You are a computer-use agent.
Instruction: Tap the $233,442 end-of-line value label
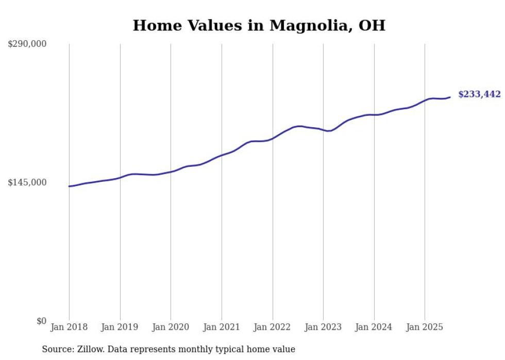click(x=479, y=94)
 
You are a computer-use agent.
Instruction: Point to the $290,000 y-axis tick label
click(x=27, y=44)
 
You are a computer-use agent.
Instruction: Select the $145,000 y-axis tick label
click(x=27, y=182)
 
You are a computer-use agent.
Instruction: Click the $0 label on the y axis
click(x=41, y=321)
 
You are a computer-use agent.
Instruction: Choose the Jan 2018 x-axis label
click(x=69, y=327)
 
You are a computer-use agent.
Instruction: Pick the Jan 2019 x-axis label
click(x=120, y=327)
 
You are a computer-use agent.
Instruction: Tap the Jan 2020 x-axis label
click(x=171, y=327)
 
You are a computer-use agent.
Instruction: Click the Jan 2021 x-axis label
click(x=221, y=327)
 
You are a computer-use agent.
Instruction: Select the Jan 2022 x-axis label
click(x=272, y=327)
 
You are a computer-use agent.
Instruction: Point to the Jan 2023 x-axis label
click(x=323, y=327)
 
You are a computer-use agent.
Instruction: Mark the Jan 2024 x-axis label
click(x=374, y=327)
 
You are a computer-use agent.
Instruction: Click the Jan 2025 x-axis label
click(x=425, y=327)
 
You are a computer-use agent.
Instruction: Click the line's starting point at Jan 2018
click(x=69, y=186)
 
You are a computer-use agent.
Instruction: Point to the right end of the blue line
click(x=450, y=97)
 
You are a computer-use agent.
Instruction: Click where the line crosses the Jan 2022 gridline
click(x=272, y=139)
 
